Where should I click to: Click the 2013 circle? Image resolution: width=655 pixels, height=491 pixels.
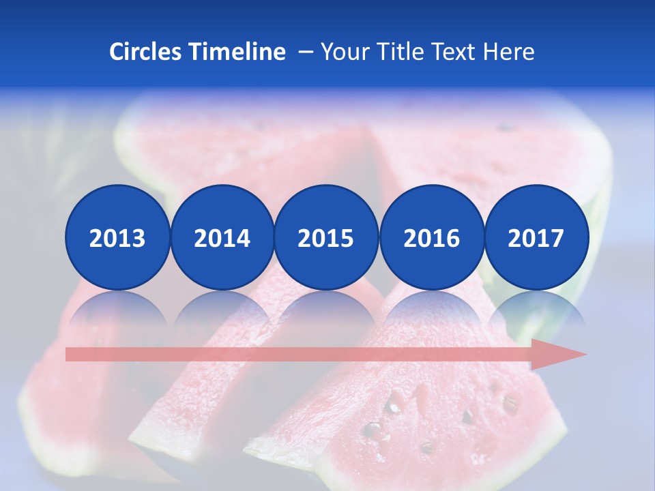[x=117, y=237]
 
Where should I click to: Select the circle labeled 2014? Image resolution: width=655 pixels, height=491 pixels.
[x=222, y=237]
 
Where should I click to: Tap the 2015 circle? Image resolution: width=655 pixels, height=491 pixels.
[x=326, y=237]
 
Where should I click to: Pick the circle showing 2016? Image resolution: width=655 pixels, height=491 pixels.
[x=431, y=237]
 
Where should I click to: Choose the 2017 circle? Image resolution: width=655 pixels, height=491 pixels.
[x=536, y=237]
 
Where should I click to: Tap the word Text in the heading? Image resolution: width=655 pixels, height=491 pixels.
[x=458, y=52]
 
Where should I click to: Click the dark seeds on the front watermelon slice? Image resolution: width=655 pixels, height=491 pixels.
[x=392, y=407]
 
